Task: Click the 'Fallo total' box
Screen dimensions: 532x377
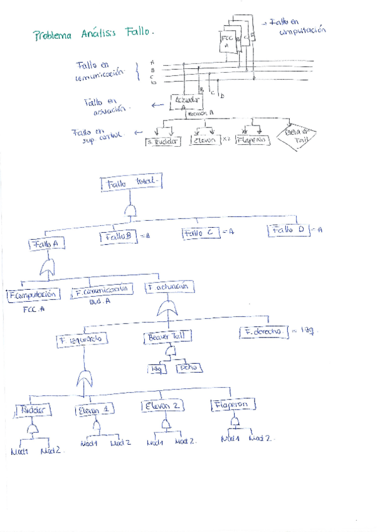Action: (130, 184)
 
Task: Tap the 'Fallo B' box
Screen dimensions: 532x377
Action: (118, 237)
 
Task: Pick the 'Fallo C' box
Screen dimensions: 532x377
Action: (201, 233)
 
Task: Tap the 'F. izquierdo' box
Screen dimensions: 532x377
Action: (82, 341)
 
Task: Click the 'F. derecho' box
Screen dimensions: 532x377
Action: (263, 331)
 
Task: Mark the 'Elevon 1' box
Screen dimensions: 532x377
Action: (95, 411)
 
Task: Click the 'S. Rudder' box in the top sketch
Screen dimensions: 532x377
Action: (162, 142)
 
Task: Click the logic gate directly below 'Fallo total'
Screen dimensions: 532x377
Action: (130, 211)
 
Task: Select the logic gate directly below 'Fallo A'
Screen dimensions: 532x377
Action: (47, 269)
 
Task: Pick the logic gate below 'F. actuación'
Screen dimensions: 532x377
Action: (166, 308)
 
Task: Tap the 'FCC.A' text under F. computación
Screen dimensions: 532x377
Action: (34, 309)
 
